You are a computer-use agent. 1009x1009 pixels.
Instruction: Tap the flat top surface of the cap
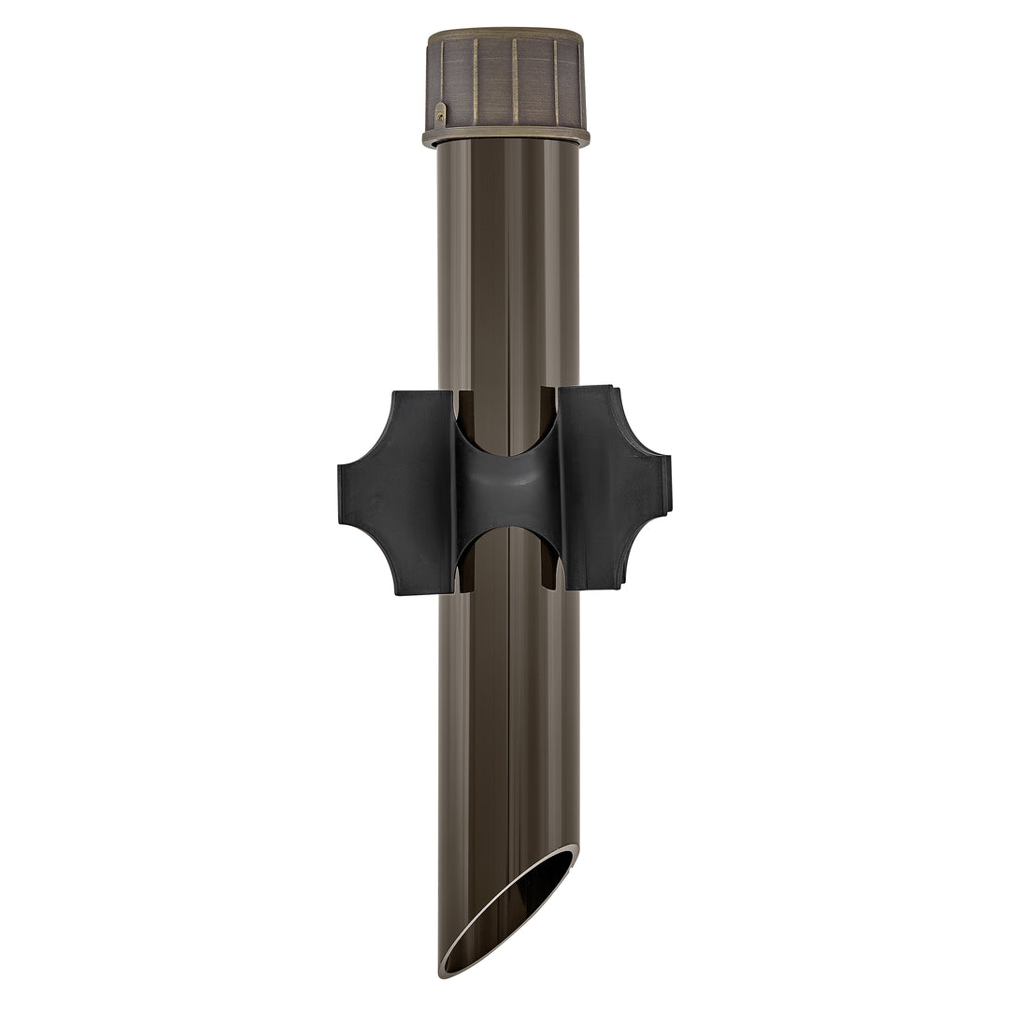[505, 34]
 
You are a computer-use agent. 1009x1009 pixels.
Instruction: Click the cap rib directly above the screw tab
[436, 79]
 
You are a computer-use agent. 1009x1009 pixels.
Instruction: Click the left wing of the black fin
[397, 491]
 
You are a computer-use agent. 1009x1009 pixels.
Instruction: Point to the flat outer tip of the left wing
[342, 491]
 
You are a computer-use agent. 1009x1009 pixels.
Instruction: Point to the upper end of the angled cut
[574, 848]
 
